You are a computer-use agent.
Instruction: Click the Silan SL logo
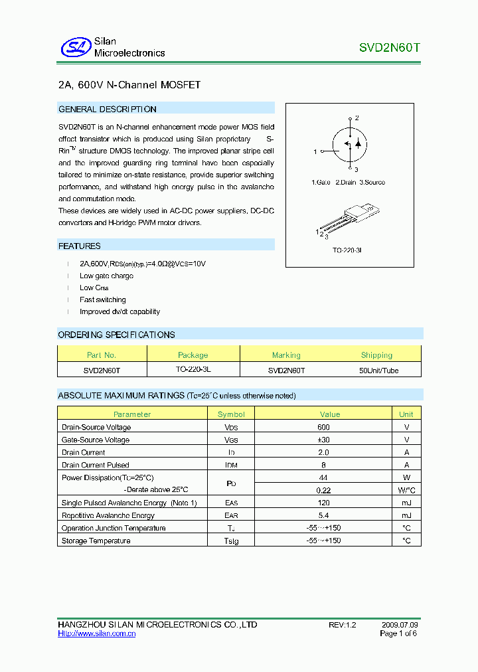pos(75,47)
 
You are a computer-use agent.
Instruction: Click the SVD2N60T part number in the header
pos(389,48)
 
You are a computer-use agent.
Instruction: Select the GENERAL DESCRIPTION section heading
pos(108,109)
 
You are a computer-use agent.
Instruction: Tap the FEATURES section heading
pos(80,246)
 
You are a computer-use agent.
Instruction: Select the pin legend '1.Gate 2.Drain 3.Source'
pos(347,182)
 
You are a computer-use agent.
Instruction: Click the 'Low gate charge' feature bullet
pos(106,276)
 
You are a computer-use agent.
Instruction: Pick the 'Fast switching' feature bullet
pos(102,299)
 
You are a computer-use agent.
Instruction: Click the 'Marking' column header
pos(286,355)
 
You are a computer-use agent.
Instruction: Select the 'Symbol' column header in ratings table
pos(231,414)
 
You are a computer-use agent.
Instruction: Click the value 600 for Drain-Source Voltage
pos(323,428)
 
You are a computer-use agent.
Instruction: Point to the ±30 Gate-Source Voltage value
pos(323,440)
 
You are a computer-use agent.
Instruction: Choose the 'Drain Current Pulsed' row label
pos(95,465)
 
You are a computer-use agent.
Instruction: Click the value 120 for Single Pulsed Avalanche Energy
pos(323,503)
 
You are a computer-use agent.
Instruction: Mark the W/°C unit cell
pos(406,490)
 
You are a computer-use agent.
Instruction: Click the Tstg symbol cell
pos(231,541)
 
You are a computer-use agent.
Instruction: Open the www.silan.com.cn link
pos(97,634)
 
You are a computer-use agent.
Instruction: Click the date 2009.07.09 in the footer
pos(400,625)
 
